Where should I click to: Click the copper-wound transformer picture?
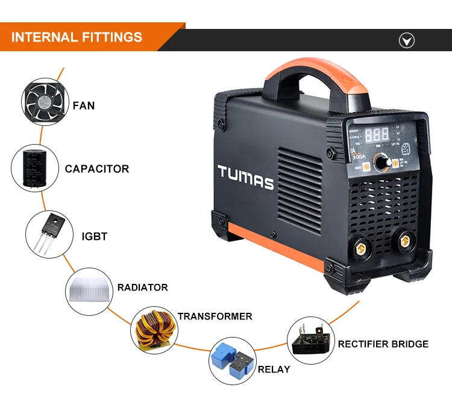pyautogui.click(x=153, y=330)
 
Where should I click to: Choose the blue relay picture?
pyautogui.click(x=231, y=360)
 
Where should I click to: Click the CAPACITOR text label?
pyautogui.click(x=97, y=169)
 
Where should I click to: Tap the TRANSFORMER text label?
pyautogui.click(x=215, y=316)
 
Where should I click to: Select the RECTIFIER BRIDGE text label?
pyautogui.click(x=383, y=344)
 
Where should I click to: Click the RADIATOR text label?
pyautogui.click(x=142, y=288)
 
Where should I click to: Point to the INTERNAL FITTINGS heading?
pyautogui.click(x=77, y=37)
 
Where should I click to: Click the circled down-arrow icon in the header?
pyautogui.click(x=407, y=40)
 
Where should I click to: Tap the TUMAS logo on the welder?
pyautogui.click(x=246, y=178)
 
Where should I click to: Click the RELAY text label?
pyautogui.click(x=274, y=369)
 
